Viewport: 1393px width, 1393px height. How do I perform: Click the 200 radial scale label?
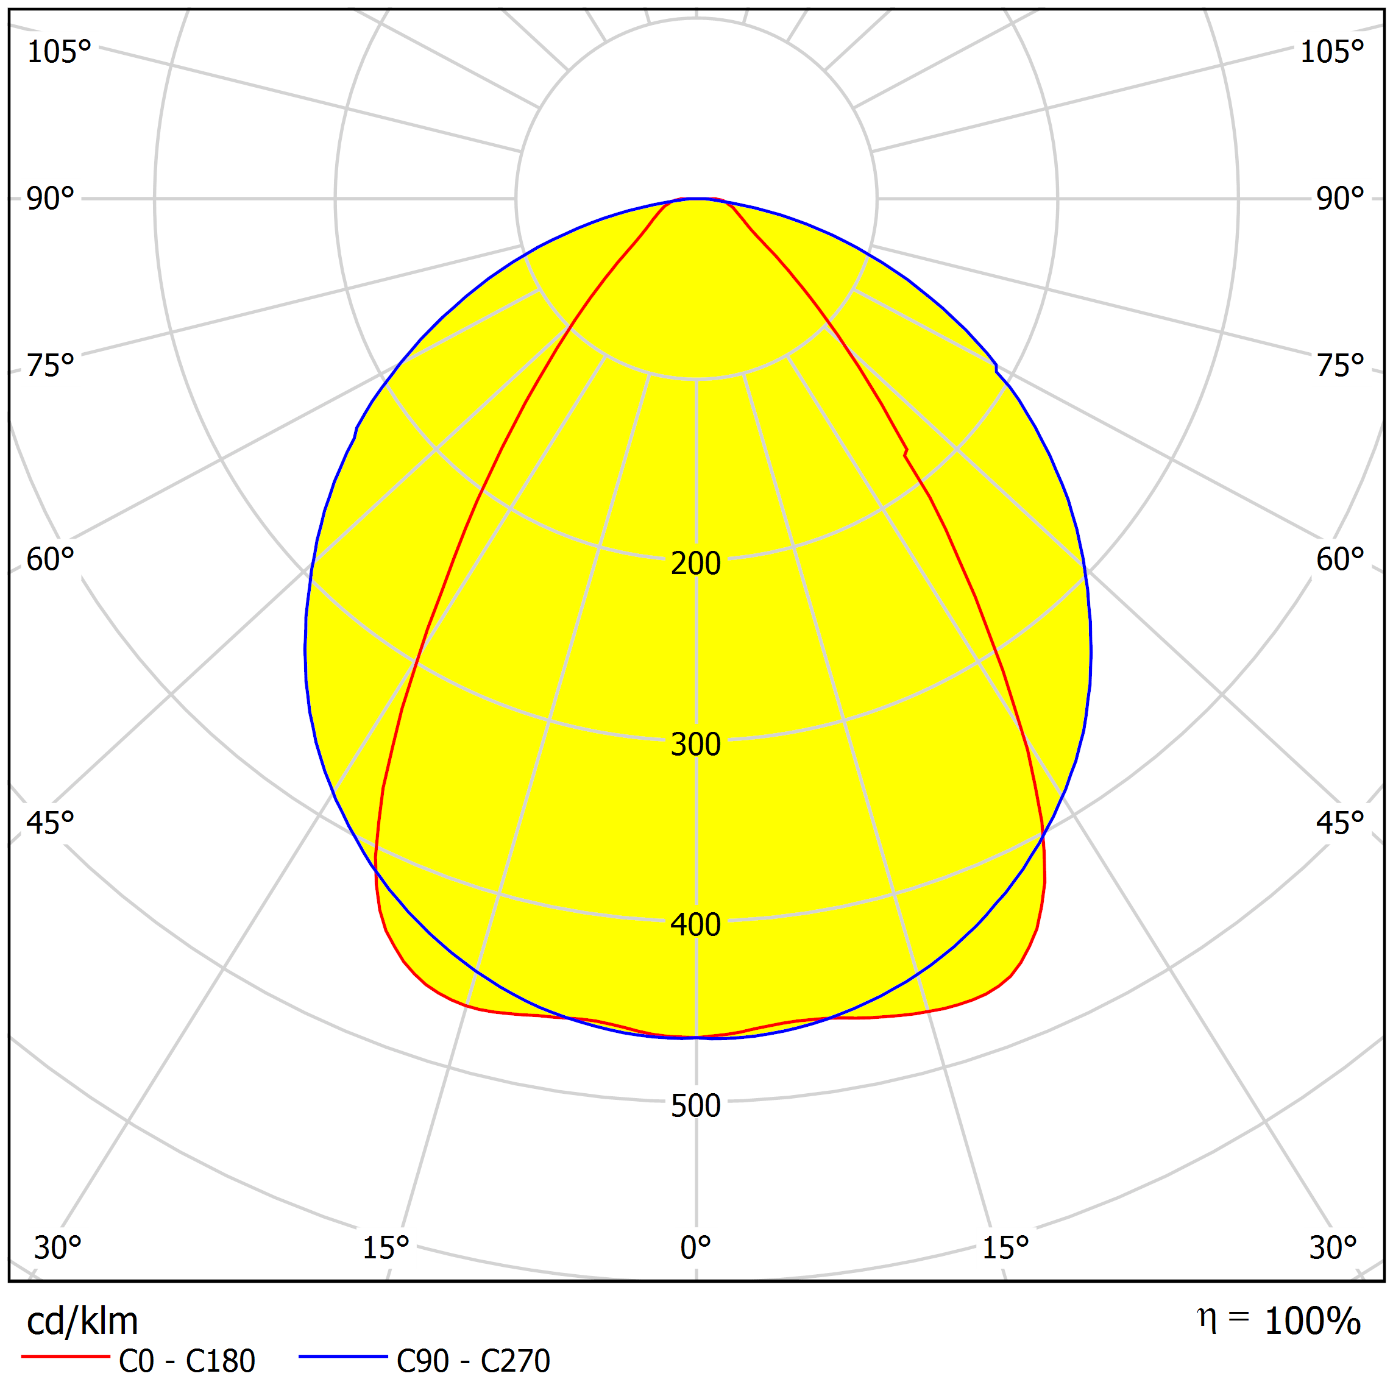click(x=695, y=563)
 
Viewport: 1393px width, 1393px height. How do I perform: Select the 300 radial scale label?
click(x=695, y=744)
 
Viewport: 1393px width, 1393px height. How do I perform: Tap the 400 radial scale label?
click(x=695, y=925)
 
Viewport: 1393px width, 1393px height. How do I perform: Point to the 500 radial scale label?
click(x=695, y=1106)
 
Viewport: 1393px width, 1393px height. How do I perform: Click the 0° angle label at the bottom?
click(x=695, y=1248)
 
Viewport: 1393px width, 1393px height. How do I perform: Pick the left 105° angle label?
click(x=58, y=52)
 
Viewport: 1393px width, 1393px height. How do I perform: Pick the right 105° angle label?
click(x=1331, y=52)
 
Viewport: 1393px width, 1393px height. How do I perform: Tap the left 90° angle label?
click(x=50, y=199)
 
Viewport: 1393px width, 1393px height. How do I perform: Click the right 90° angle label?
click(x=1339, y=199)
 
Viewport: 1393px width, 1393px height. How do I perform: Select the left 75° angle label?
click(x=50, y=366)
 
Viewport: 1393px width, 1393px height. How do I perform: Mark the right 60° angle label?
click(x=1339, y=559)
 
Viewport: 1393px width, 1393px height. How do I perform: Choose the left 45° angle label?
click(x=50, y=823)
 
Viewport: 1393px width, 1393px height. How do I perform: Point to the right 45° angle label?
click(x=1339, y=823)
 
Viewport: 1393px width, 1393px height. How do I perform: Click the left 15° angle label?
click(x=385, y=1248)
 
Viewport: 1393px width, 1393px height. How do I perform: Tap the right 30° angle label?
click(x=1333, y=1248)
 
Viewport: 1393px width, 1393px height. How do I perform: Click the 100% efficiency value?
click(x=1312, y=1322)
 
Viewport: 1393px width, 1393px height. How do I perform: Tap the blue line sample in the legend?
click(x=343, y=1357)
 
